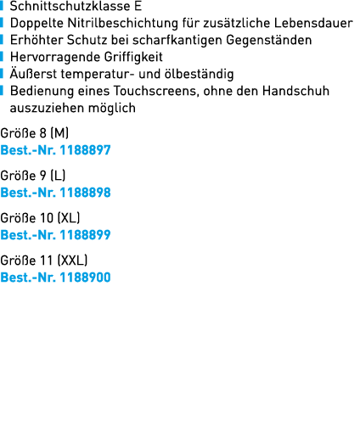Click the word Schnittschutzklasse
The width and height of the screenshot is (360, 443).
point(70,6)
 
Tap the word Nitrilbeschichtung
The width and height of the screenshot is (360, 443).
point(123,24)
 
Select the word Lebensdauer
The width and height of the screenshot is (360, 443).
point(313,23)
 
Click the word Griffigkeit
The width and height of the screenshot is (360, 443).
point(133,57)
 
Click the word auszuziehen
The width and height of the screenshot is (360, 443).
point(47,108)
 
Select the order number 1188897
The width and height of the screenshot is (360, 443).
point(85,150)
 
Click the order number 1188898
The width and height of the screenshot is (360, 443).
point(85,193)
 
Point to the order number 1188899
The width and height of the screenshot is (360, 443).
point(85,235)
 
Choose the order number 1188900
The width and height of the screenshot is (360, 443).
point(85,278)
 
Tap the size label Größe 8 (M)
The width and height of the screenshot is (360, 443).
point(35,133)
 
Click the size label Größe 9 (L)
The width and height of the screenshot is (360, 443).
point(33,176)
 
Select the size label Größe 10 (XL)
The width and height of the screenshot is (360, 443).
point(40,218)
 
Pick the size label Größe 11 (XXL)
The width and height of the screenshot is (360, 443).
point(44,261)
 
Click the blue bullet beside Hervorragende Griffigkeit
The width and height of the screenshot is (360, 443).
point(2,57)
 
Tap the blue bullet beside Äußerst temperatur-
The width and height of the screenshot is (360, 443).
point(2,74)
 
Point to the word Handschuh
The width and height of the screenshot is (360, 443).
point(295,91)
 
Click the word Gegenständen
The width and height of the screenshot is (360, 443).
point(269,40)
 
